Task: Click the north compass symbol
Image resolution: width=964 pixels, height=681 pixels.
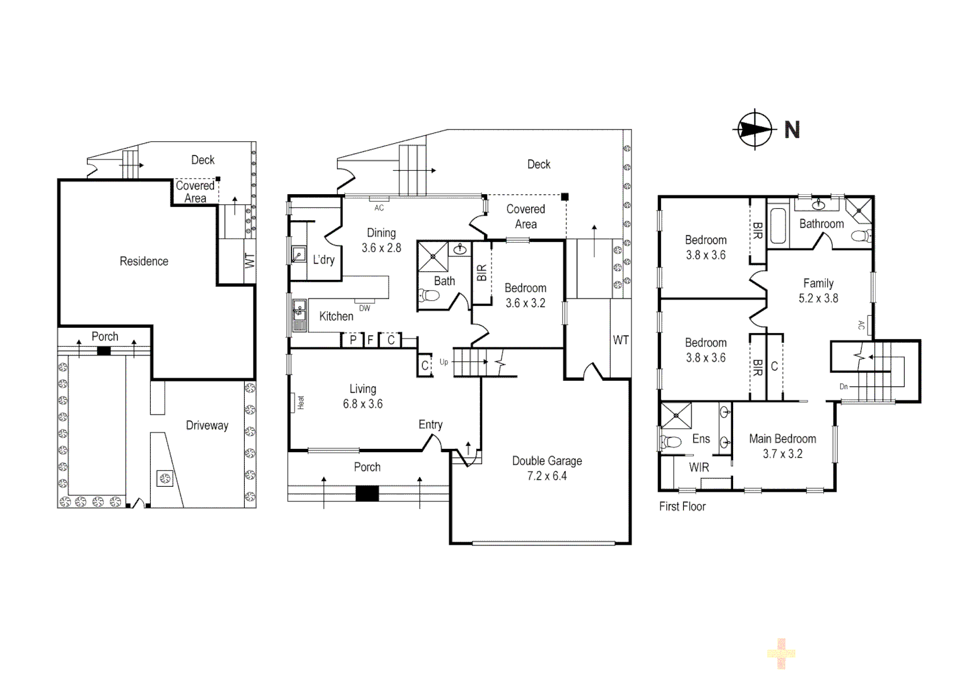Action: [755, 129]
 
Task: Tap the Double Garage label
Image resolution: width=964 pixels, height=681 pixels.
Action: [546, 461]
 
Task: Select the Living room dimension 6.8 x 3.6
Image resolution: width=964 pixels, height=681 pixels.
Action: [363, 404]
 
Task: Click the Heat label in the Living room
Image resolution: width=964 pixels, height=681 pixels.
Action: [300, 402]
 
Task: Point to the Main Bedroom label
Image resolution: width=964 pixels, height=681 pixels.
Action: [782, 439]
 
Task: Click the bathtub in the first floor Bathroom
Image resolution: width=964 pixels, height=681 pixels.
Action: [776, 226]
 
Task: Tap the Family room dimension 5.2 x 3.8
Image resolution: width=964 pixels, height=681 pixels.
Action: [818, 298]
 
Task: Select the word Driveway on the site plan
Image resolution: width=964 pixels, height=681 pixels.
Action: [206, 426]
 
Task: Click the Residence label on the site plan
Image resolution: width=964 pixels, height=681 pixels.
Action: [144, 261]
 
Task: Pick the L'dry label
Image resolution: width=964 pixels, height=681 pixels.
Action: [324, 260]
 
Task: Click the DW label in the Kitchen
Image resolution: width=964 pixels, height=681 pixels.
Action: [365, 308]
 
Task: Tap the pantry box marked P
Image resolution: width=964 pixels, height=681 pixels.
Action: [353, 340]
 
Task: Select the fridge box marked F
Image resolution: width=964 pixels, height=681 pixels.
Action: [371, 340]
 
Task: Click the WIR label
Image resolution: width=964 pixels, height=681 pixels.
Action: [698, 467]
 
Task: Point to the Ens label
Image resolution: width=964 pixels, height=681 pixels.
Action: [701, 439]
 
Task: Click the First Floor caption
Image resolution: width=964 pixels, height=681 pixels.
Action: [682, 506]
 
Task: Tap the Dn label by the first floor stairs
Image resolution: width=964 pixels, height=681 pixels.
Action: [843, 387]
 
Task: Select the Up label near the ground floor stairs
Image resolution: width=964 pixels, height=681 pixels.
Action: [444, 362]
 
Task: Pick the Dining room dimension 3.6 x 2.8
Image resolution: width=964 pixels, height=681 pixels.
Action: [381, 248]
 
